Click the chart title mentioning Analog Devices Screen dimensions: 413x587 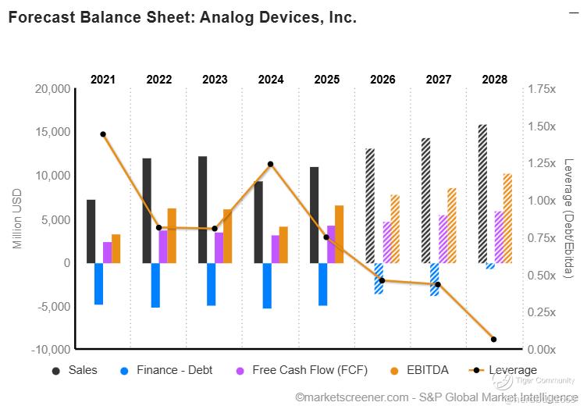tap(182, 16)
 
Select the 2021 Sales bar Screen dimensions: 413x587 tap(91, 231)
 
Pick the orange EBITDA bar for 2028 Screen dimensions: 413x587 tap(507, 218)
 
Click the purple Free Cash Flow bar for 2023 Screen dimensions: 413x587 tap(219, 247)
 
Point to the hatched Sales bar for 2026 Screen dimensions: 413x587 tap(370, 205)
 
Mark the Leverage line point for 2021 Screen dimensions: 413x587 tap(103, 134)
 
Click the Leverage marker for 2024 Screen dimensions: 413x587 tap(271, 164)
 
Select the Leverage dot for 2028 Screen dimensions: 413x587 tap(493, 339)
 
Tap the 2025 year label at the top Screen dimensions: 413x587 tap(326, 80)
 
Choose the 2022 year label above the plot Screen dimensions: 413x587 tap(159, 80)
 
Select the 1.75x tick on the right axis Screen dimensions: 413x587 tap(542, 89)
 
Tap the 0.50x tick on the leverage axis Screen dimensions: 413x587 tap(542, 275)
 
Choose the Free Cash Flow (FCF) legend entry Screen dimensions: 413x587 tap(309, 370)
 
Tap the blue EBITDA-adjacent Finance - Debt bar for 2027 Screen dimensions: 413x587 tap(435, 279)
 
